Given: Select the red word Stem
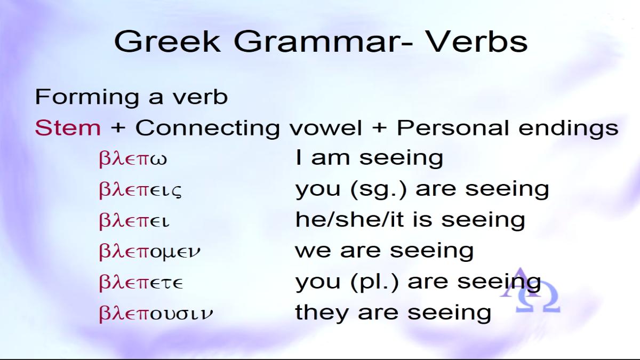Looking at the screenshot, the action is click(x=68, y=127).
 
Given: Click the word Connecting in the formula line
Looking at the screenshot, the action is click(x=207, y=129).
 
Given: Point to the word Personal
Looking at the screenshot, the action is click(x=453, y=127).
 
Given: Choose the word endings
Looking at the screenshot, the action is click(x=569, y=129).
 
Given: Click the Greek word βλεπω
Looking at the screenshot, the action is click(x=133, y=159).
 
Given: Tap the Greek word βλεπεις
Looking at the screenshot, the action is click(x=140, y=190).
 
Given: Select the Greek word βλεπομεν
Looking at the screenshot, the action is click(x=149, y=252).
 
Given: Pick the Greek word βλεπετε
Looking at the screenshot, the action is click(x=141, y=283).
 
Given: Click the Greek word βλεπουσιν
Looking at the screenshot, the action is click(x=156, y=314).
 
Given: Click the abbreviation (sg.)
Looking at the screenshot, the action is click(x=378, y=190).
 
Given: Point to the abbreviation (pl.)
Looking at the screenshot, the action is click(x=374, y=282).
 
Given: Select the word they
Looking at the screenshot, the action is click(x=322, y=313).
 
